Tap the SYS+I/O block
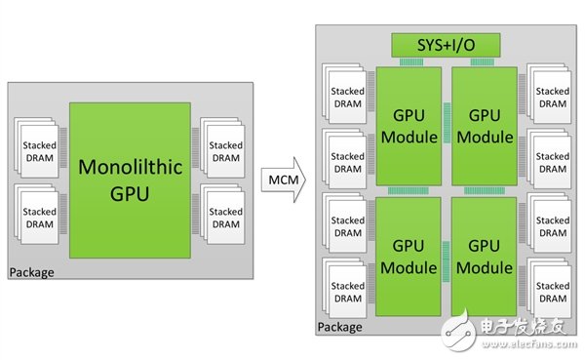click(x=446, y=44)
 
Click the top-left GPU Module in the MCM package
click(x=409, y=124)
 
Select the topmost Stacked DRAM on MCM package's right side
click(x=552, y=96)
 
